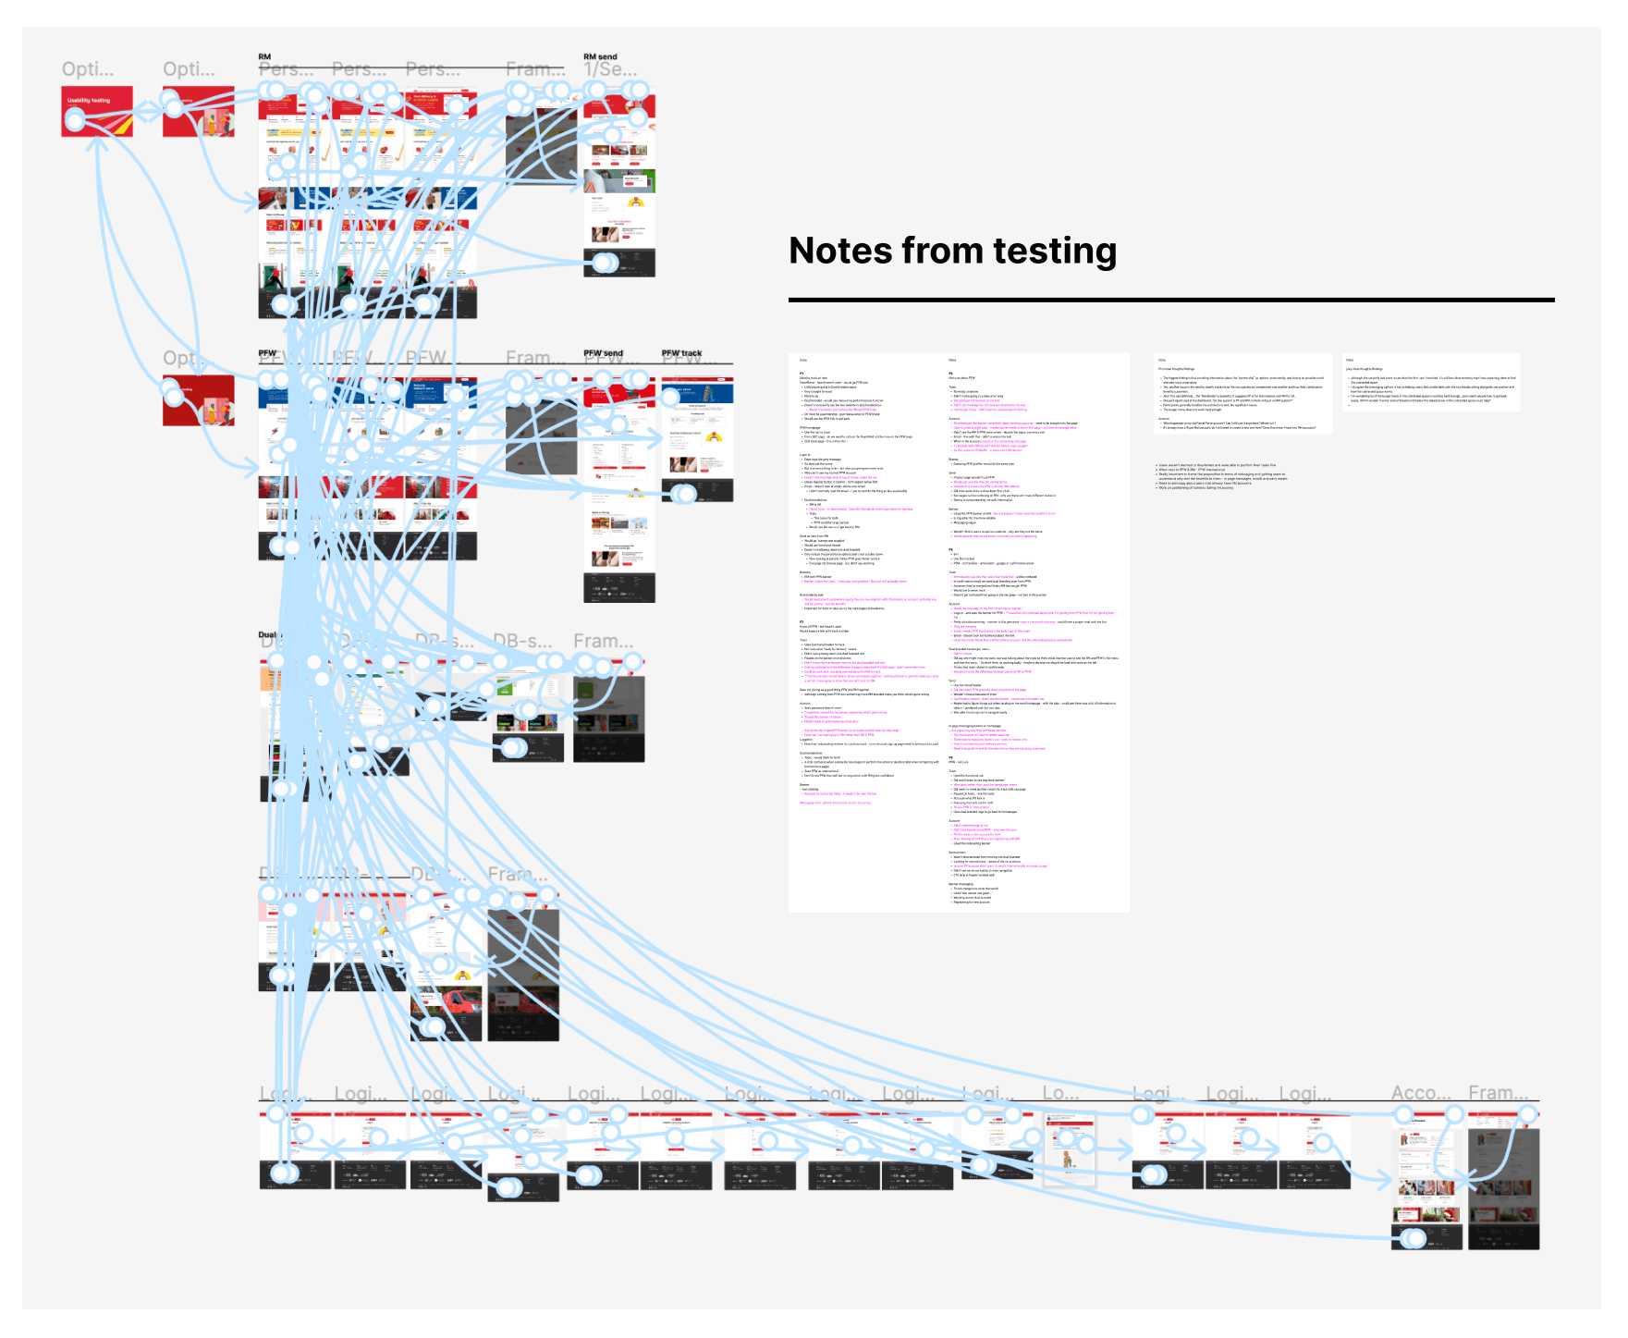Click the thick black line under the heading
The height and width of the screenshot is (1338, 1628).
click(1170, 300)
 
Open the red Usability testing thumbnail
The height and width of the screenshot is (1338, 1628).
click(97, 111)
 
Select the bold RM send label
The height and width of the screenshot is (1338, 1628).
click(600, 57)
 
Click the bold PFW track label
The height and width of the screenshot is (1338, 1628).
click(681, 353)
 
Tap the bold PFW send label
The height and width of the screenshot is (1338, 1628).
click(603, 353)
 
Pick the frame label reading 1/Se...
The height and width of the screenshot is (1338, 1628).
click(610, 70)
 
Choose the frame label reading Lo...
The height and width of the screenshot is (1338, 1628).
click(1059, 1093)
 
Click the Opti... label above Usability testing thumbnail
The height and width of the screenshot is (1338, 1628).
click(88, 69)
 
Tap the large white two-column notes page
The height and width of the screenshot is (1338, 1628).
click(959, 632)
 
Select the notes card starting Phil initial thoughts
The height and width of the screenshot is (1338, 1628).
click(1242, 393)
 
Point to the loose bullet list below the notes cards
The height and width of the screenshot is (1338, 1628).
click(1220, 476)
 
